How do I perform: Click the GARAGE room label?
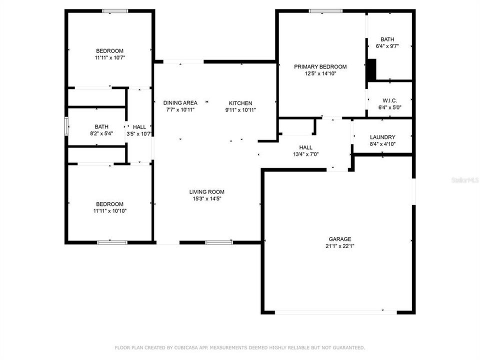pos(340,239)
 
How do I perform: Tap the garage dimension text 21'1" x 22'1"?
pos(340,246)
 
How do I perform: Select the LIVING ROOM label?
pos(206,191)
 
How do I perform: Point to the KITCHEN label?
pos(240,103)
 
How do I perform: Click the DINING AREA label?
pos(180,103)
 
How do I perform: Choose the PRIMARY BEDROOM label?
pos(320,66)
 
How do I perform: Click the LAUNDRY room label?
pos(382,137)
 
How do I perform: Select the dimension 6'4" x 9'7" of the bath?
pos(387,46)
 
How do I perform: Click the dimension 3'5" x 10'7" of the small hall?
pos(139,133)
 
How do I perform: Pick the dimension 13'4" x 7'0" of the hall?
pos(306,154)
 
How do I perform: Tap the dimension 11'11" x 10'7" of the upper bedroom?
pos(109,57)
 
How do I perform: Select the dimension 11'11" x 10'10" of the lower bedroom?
pos(109,210)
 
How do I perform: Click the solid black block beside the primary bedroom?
pos(371,70)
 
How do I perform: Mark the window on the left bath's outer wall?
pos(66,126)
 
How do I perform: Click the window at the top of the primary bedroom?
pos(325,10)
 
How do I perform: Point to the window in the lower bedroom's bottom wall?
pos(112,242)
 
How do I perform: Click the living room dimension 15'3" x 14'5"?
pos(206,198)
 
